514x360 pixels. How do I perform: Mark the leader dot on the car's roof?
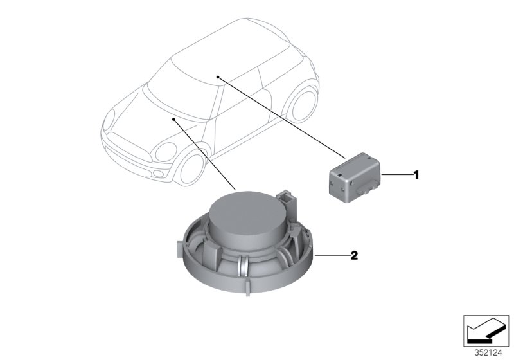[x=218, y=76]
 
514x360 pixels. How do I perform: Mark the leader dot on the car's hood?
[x=174, y=120]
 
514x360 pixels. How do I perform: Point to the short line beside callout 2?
[x=330, y=256]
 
